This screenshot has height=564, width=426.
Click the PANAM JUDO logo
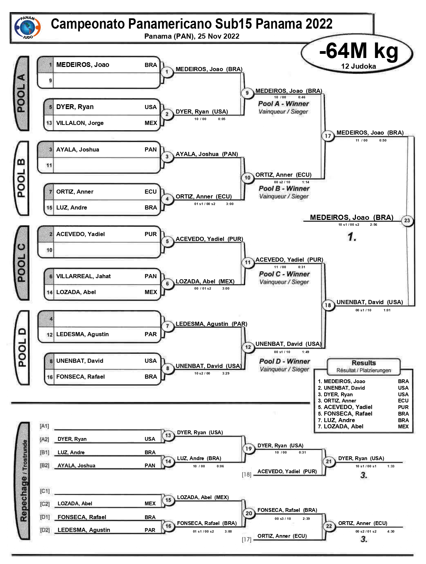click(27, 27)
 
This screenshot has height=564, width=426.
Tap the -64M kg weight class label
click(358, 51)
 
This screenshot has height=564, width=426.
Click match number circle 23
click(407, 220)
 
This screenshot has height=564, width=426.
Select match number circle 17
click(328, 136)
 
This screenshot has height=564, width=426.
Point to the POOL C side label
click(22, 263)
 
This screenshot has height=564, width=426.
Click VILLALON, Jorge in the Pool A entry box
click(80, 123)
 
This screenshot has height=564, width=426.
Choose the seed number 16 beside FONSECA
click(50, 377)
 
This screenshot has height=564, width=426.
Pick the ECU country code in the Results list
click(403, 401)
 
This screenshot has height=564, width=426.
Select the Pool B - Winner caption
click(284, 188)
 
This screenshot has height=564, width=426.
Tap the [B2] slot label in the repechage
click(45, 465)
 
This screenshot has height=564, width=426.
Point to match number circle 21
click(329, 461)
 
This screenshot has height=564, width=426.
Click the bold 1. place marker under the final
click(352, 237)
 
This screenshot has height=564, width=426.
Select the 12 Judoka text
click(358, 66)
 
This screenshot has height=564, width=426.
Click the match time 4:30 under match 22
click(390, 532)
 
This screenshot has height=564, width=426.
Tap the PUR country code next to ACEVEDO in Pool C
click(151, 234)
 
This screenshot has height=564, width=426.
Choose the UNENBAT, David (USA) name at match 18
click(369, 302)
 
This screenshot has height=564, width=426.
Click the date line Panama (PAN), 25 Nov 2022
click(192, 36)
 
